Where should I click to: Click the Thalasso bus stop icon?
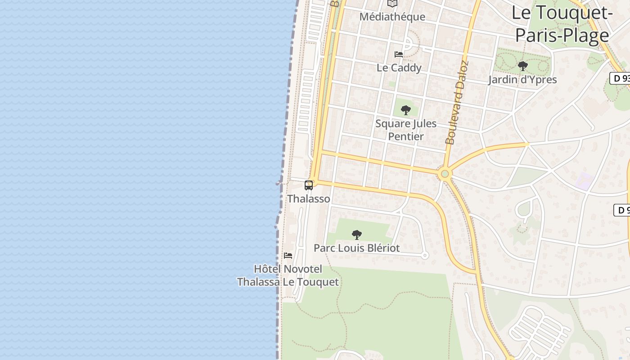click(309, 185)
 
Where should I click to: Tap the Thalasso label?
click(309, 199)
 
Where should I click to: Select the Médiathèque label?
click(392, 17)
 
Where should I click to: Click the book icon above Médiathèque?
click(392, 4)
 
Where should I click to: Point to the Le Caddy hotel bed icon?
click(399, 54)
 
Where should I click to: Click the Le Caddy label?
click(399, 68)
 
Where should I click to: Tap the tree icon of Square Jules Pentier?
click(406, 110)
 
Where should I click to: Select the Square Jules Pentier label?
click(406, 130)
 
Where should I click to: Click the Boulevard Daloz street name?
click(457, 103)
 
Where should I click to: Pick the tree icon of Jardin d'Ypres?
click(522, 67)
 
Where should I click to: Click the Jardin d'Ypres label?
click(522, 80)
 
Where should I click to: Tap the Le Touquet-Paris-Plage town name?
click(562, 24)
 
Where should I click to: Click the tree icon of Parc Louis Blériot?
click(357, 234)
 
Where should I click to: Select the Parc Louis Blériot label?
click(356, 248)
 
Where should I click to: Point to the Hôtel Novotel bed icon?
click(288, 256)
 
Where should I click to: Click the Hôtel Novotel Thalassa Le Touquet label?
click(288, 275)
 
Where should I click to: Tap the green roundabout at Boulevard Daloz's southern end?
click(445, 173)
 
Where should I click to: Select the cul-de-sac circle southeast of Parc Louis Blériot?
click(425, 255)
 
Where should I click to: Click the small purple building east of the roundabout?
click(584, 180)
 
